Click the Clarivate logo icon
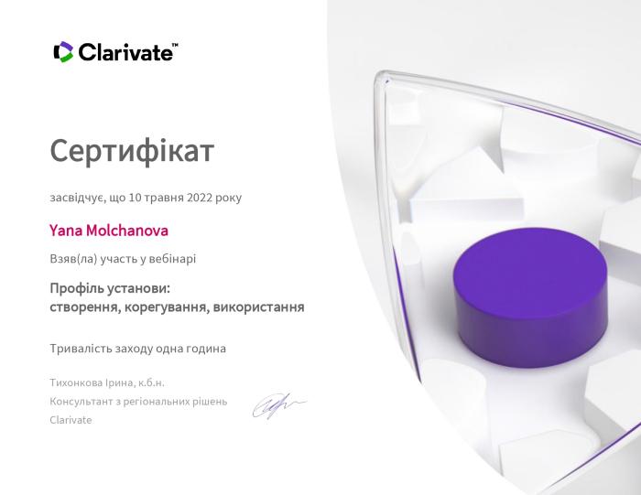point(63,52)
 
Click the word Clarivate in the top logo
point(125,52)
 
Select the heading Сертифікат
point(132,150)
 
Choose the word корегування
point(168,307)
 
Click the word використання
point(258,307)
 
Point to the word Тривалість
point(81,348)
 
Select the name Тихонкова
point(79,382)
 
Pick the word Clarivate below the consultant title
point(71,419)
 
